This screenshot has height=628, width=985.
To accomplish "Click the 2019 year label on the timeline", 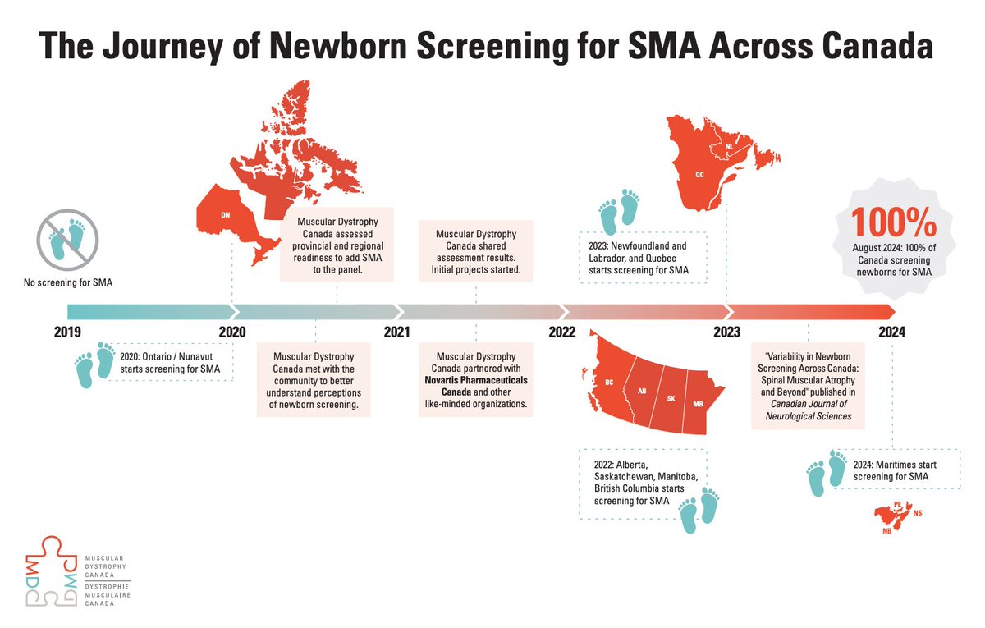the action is (x=67, y=332).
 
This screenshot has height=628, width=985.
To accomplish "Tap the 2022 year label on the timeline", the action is (x=562, y=332).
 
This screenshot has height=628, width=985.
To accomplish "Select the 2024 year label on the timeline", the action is (x=891, y=332).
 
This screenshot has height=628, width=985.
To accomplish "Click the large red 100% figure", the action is (x=894, y=223).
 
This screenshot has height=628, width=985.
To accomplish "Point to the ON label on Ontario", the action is (x=225, y=215).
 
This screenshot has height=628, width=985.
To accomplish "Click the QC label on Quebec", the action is (x=699, y=175).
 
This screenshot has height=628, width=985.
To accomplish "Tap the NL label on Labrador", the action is (x=729, y=146).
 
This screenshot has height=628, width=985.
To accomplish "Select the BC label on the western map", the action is (x=609, y=383).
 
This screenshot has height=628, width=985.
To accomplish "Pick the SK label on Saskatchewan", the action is (x=671, y=398).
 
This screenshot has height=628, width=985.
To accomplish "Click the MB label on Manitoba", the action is (x=698, y=404).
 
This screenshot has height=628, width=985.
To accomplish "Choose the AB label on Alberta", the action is (x=642, y=391).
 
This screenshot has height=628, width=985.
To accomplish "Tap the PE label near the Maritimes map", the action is (x=897, y=504).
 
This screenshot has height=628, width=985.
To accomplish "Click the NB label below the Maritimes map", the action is (x=887, y=531).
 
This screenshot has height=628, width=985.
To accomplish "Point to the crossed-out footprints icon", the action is (x=67, y=240).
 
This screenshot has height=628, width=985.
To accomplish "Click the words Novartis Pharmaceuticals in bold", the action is (x=476, y=380).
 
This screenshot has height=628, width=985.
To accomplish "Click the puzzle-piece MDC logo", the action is (x=52, y=571).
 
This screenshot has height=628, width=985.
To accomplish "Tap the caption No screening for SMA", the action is (x=68, y=282).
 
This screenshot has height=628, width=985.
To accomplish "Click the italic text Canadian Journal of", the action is (x=809, y=404).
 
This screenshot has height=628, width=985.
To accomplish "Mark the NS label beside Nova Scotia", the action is (x=918, y=513).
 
